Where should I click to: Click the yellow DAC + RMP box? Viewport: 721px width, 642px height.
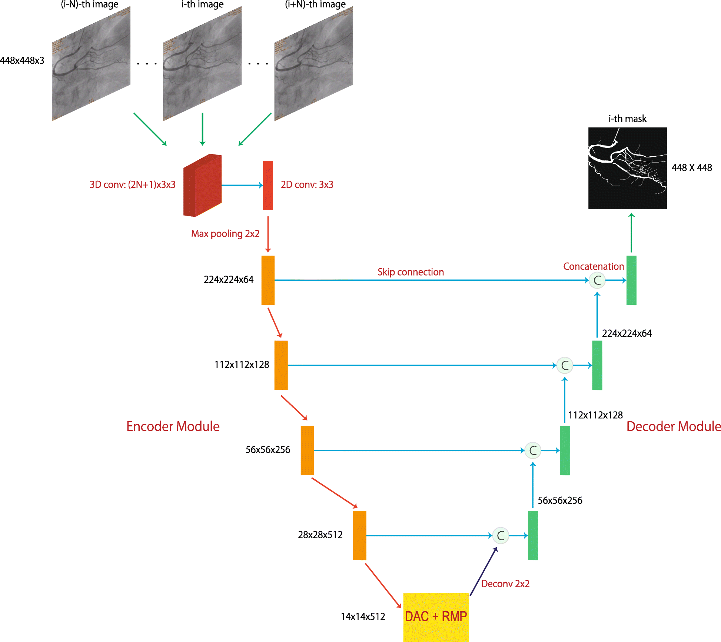pos(436,616)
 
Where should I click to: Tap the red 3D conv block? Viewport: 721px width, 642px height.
pos(202,185)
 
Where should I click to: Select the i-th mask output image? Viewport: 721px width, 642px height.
pos(627,168)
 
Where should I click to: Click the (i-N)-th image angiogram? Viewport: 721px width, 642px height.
pos(91,64)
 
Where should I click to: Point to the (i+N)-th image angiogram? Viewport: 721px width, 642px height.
pos(313,64)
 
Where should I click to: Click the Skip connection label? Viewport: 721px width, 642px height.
pos(411,272)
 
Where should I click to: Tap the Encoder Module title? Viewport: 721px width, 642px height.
pos(173,426)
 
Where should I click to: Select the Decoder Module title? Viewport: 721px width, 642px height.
pos(673,426)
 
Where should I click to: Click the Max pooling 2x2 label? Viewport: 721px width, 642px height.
pos(225,234)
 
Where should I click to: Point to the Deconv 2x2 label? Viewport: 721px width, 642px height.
pos(505,584)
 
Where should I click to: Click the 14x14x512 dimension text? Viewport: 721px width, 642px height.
pos(363,616)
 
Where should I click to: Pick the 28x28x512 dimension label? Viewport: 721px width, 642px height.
pos(320,535)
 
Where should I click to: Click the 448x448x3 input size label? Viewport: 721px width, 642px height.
pos(22,60)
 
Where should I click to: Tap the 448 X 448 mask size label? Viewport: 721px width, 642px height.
pos(692,168)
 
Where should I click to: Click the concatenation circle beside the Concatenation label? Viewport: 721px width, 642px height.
pos(597,280)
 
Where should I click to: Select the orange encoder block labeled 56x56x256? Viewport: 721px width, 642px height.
pos(307,450)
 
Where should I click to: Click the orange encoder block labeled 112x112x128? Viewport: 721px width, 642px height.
pos(281,365)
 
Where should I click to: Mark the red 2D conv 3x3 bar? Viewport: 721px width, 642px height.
pos(268,185)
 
